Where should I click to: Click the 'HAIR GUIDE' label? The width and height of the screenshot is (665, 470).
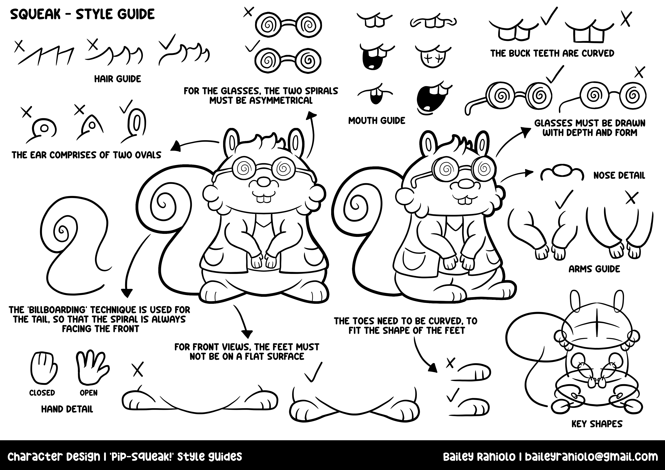pyautogui.click(x=118, y=79)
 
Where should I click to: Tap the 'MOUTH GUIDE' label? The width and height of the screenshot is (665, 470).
pyautogui.click(x=376, y=121)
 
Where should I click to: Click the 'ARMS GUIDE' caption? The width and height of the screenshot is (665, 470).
pyautogui.click(x=594, y=269)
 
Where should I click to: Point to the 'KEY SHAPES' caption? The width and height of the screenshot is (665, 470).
pyautogui.click(x=597, y=424)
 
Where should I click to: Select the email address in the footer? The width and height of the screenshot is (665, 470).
pyautogui.click(x=591, y=457)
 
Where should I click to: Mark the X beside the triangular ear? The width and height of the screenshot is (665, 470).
pyautogui.click(x=79, y=110)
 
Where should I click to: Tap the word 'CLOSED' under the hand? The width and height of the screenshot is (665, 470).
pyautogui.click(x=42, y=393)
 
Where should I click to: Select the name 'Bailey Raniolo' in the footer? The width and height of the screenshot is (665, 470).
pyautogui.click(x=479, y=457)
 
